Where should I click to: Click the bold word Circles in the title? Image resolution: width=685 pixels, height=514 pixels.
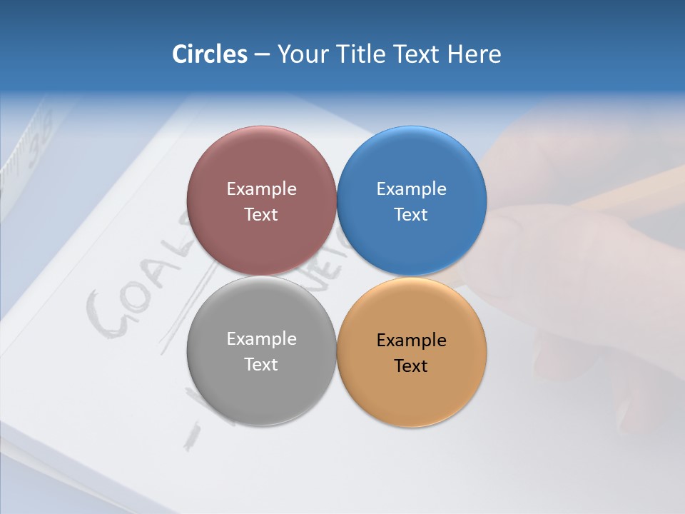(x=210, y=54)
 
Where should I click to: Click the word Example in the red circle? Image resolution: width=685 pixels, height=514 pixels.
(x=261, y=189)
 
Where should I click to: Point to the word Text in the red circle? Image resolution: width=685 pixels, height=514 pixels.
(x=261, y=215)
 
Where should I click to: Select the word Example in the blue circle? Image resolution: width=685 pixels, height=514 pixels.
(x=412, y=189)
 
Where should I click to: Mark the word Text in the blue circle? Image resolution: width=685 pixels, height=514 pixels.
(x=412, y=215)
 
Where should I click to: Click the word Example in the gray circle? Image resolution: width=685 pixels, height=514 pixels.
(x=261, y=339)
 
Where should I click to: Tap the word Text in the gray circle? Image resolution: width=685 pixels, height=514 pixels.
(x=261, y=365)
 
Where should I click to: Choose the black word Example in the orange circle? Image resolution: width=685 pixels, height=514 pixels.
(x=412, y=341)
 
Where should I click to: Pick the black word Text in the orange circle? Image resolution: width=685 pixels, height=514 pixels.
(x=412, y=366)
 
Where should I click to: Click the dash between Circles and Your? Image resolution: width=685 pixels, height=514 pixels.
(x=262, y=55)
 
